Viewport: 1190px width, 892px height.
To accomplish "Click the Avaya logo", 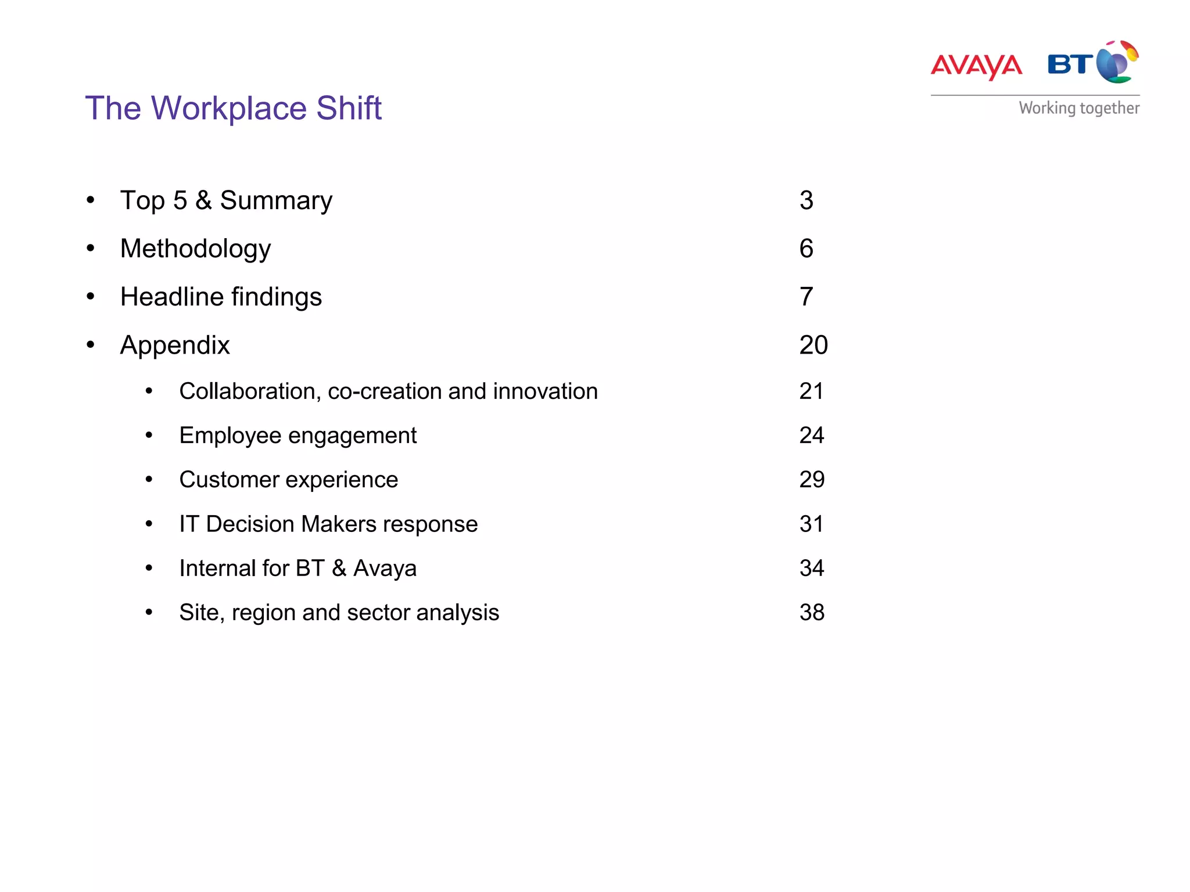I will coord(976,66).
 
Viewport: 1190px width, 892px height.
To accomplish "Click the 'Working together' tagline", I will coord(1079,108).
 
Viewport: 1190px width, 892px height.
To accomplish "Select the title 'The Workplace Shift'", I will coord(233,108).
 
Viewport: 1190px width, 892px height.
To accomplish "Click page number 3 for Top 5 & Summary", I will coord(806,200).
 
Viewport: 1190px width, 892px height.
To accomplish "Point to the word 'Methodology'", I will coord(195,249).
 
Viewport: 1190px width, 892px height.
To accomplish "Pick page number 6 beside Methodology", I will coord(806,249).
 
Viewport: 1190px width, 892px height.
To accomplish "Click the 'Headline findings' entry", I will coord(221,297).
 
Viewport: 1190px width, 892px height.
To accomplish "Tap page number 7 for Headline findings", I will coord(806,297).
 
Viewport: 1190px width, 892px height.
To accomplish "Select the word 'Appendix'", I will coord(175,345).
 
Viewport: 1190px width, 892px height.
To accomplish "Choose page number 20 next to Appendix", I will coord(813,345).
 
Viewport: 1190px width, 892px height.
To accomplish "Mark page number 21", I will coord(811,391).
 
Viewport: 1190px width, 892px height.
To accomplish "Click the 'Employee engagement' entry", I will coord(297,436).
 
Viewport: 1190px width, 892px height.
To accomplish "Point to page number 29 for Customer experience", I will coord(812,480).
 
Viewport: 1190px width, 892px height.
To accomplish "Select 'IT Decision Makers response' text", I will coord(328,524).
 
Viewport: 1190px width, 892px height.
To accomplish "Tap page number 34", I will coord(812,568).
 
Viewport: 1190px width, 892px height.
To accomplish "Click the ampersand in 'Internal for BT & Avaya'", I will coord(339,568).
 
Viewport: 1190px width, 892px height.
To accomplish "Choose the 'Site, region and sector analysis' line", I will coord(339,612).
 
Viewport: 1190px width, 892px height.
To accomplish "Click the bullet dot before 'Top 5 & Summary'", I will coord(91,200).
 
